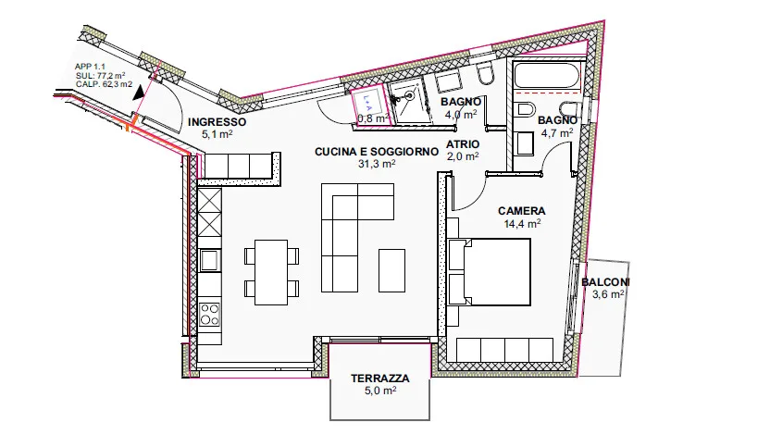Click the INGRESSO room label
[x=217, y=122]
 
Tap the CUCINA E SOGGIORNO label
[x=377, y=152]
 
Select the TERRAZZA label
[x=380, y=379]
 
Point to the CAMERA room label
[x=522, y=211]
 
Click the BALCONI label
[x=605, y=282]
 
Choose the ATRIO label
[x=463, y=144]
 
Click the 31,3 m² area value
[x=377, y=164]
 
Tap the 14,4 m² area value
[x=522, y=224]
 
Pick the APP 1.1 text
[x=90, y=67]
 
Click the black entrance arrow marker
[x=140, y=93]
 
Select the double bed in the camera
[x=490, y=272]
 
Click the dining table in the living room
[x=271, y=272]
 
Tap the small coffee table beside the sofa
[x=391, y=270]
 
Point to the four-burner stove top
[x=210, y=315]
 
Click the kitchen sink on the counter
[x=210, y=260]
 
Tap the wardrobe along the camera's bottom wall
[x=505, y=350]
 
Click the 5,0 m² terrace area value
[x=380, y=391]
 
